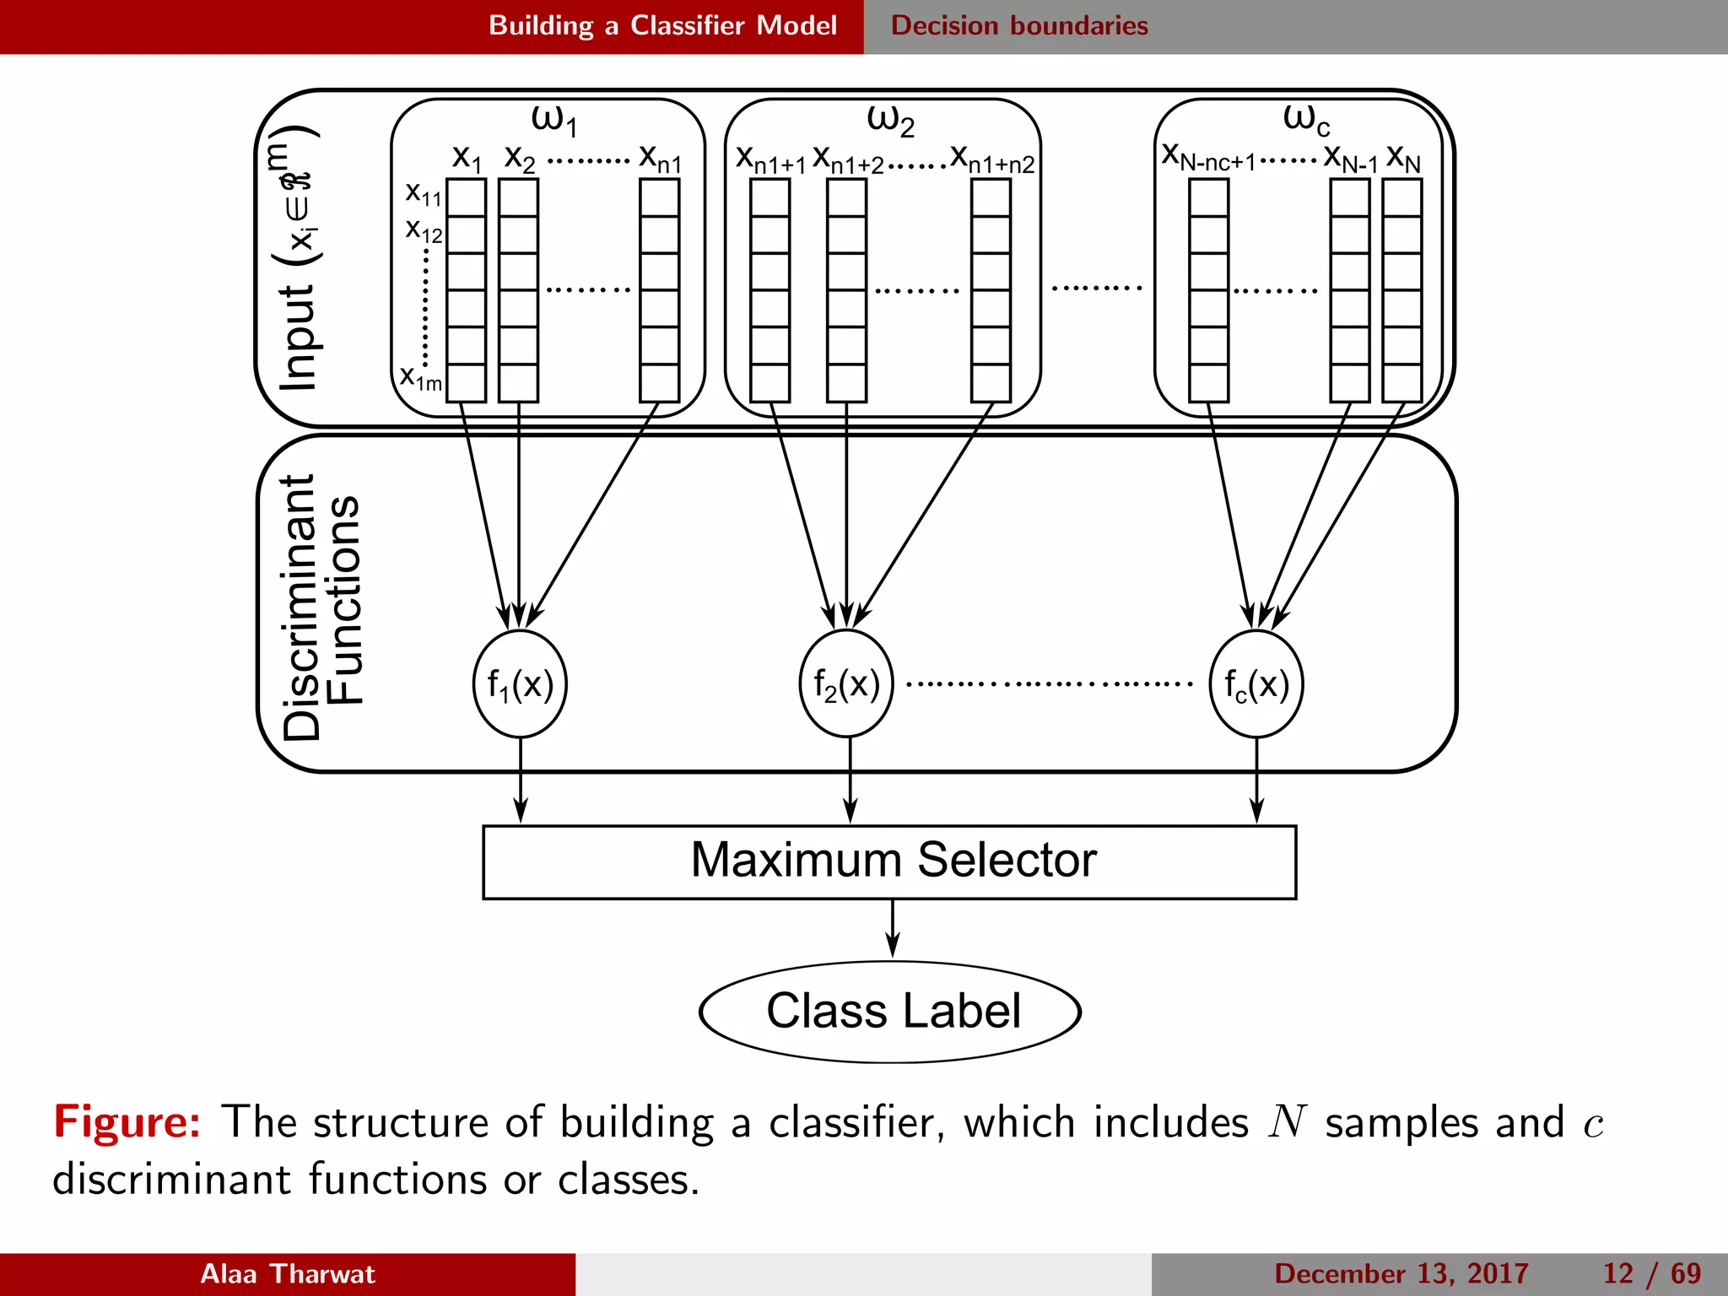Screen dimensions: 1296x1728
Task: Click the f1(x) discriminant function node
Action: pyautogui.click(x=520, y=684)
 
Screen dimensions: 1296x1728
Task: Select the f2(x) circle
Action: pyautogui.click(x=846, y=684)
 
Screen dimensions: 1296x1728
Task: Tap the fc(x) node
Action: pyautogui.click(x=1256, y=684)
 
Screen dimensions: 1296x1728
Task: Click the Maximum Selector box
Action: pyautogui.click(x=889, y=861)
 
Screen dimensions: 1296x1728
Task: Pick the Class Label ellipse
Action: pyautogui.click(x=891, y=1011)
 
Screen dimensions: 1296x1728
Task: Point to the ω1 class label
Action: pyautogui.click(x=553, y=120)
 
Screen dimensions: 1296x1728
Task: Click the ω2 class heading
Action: pyautogui.click(x=890, y=120)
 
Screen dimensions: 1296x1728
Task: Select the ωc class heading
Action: pyautogui.click(x=1305, y=120)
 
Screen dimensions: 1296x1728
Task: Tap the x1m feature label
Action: pyautogui.click(x=420, y=377)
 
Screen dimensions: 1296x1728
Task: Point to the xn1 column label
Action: pyautogui.click(x=660, y=158)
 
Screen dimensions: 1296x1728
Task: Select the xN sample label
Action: pyautogui.click(x=1403, y=158)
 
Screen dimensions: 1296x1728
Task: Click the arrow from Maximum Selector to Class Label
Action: pyautogui.click(x=893, y=929)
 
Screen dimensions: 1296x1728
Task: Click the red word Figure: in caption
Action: pyautogui.click(x=127, y=1122)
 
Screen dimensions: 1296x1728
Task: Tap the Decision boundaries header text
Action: pyautogui.click(x=1019, y=25)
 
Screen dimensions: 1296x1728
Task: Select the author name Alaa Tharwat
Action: pyautogui.click(x=287, y=1273)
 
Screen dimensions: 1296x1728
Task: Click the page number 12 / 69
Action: pyautogui.click(x=1651, y=1273)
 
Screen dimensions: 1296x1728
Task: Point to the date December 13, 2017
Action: pyautogui.click(x=1401, y=1273)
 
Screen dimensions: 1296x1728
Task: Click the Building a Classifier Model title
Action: pyautogui.click(x=662, y=25)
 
